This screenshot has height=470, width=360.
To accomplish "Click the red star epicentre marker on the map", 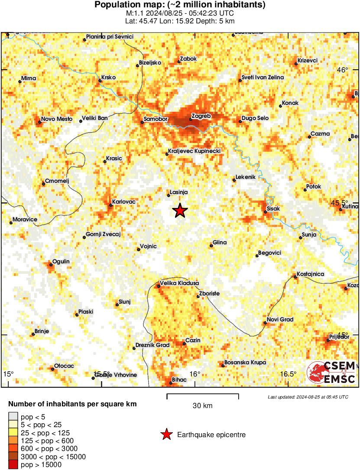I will tap(180, 211).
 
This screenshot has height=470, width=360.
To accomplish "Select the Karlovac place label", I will tap(124, 202).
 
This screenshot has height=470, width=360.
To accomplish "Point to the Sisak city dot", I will tap(266, 212).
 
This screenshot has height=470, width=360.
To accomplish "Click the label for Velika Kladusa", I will tap(179, 283).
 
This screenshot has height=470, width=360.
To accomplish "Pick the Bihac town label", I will tap(179, 380).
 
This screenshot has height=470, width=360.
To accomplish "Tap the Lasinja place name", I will tap(180, 192).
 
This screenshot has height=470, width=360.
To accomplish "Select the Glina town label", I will tap(220, 243).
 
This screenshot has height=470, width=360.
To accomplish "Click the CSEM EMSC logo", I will tap(331, 372).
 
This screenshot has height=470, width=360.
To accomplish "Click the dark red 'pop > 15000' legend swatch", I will tap(13, 465).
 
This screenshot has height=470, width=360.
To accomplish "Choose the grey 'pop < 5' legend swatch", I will tap(13, 416).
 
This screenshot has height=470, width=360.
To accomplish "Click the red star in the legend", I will tap(166, 435).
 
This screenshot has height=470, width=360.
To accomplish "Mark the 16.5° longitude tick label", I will tap(288, 374).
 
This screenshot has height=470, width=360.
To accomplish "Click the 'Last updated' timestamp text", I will tap(308, 397).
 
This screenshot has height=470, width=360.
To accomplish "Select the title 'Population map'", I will tap(180, 5).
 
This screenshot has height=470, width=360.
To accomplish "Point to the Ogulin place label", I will tap(61, 262).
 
